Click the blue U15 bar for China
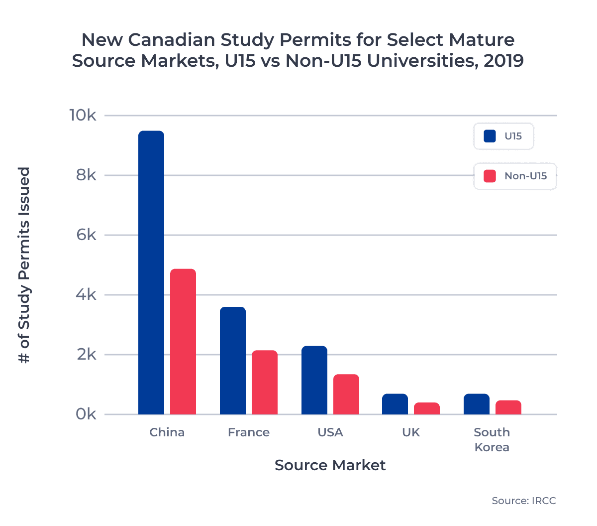click(151, 272)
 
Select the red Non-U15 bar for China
click(183, 342)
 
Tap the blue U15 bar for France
click(233, 361)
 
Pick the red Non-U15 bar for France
click(265, 383)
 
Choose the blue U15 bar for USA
click(314, 380)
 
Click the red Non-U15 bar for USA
click(346, 394)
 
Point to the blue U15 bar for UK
click(395, 404)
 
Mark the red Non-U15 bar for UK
click(427, 408)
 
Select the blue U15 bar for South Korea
click(477, 404)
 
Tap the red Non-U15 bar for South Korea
click(508, 407)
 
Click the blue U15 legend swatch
click(490, 136)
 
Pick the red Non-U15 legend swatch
click(490, 176)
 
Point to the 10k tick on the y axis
click(83, 116)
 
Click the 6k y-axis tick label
click(86, 235)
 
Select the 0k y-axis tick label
click(86, 414)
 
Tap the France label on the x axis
click(249, 432)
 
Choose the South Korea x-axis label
click(492, 439)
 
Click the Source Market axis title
click(330, 465)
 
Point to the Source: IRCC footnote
click(523, 501)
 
